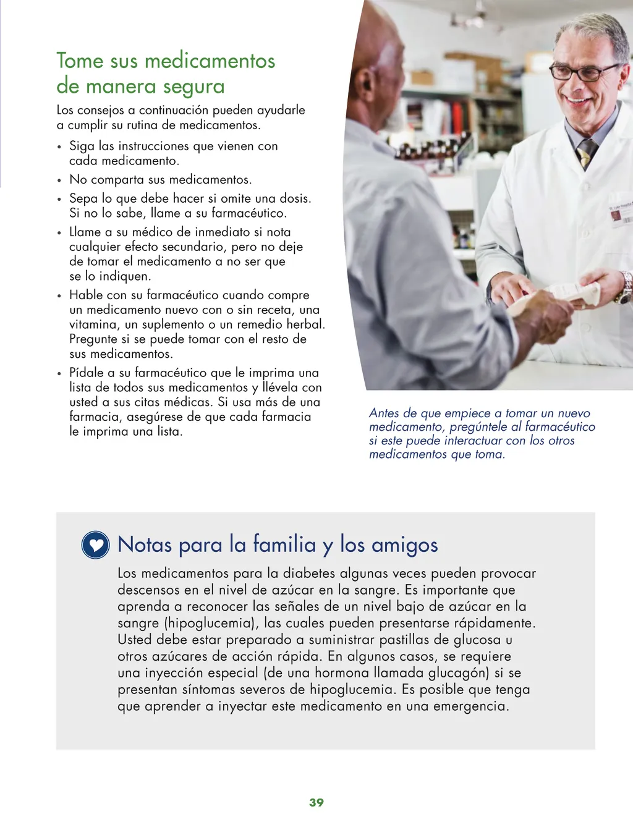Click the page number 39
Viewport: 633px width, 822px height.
click(316, 802)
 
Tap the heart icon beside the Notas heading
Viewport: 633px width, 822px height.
click(95, 544)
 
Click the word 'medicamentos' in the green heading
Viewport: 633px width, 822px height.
click(210, 61)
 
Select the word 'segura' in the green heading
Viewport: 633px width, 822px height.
click(193, 87)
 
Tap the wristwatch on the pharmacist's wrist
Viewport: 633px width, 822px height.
click(626, 287)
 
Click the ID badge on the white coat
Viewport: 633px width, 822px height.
click(621, 214)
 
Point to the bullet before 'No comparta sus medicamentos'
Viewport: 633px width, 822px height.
click(59, 180)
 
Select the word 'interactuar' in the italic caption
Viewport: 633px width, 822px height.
click(474, 441)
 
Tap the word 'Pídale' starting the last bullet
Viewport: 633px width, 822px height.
click(87, 373)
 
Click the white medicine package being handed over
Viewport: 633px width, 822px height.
click(556, 299)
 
